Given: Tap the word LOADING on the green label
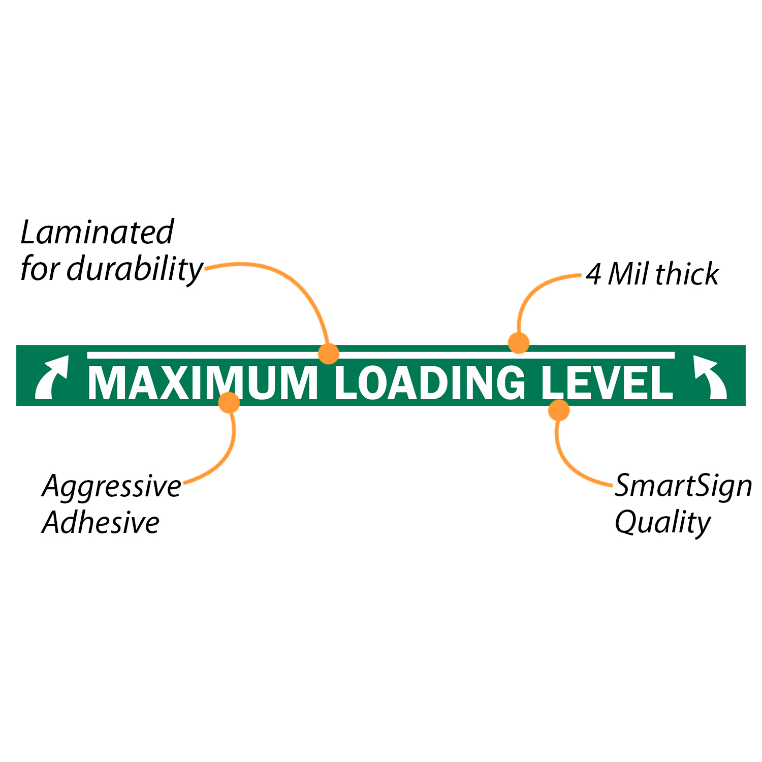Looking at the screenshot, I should coord(430,383).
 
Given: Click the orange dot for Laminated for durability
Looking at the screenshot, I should coord(329,353).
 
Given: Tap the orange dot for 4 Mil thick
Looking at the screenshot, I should coord(519,343).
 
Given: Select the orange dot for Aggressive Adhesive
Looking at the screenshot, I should coord(229,402).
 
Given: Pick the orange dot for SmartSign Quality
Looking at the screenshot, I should coord(559,410).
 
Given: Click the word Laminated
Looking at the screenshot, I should coord(97,232).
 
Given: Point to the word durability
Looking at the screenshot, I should coord(135,269).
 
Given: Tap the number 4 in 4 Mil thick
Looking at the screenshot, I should coord(593,274).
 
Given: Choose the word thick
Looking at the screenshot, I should coord(687,274).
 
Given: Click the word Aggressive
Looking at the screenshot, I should coord(112,487).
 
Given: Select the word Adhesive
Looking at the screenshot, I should coord(101,522).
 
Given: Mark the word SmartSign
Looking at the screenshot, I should coord(683,486).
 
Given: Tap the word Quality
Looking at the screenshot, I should coord(662,522).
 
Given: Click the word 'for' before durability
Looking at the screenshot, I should coord(40,269).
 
